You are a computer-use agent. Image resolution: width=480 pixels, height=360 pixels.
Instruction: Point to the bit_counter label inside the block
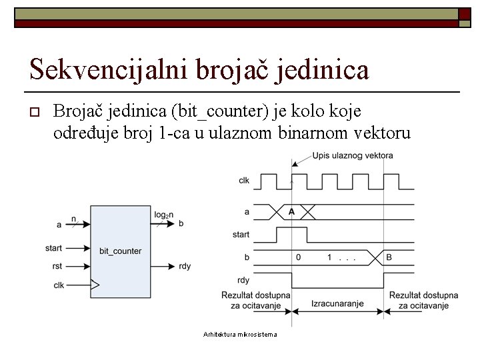click(121, 251)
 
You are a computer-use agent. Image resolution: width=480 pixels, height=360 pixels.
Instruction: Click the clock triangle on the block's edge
click(95, 285)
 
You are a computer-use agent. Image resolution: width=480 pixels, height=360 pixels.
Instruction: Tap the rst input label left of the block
click(58, 267)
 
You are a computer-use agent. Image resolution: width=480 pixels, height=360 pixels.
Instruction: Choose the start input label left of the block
click(54, 248)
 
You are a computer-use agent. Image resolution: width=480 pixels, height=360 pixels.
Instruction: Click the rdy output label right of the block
click(185, 267)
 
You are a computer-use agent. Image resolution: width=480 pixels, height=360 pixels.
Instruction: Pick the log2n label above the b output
click(164, 215)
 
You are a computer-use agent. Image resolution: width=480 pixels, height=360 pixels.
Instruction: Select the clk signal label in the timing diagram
click(245, 180)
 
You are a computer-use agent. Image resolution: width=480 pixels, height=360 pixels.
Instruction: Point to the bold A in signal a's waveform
click(291, 211)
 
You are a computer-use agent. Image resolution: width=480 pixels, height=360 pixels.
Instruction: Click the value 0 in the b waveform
click(298, 257)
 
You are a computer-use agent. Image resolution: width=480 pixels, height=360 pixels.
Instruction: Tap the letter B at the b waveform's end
click(389, 257)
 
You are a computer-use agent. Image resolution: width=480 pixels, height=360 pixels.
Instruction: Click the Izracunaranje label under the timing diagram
click(337, 303)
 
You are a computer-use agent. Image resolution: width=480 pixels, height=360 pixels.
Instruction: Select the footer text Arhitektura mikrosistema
click(240, 334)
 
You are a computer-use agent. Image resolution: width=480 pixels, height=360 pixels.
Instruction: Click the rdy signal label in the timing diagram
click(245, 280)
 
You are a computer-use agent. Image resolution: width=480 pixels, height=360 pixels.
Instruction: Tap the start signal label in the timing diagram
click(241, 235)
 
